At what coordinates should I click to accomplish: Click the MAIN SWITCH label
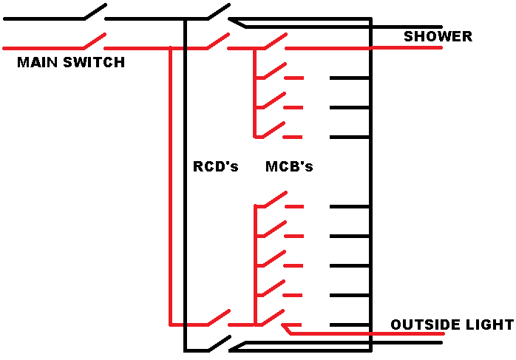(71, 63)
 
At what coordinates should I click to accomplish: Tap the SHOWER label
(438, 36)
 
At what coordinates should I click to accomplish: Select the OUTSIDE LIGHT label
(452, 325)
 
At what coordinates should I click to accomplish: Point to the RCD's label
(216, 166)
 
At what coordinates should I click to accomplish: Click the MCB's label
(289, 166)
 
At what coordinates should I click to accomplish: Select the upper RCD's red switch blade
(217, 41)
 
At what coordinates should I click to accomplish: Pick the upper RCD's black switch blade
(217, 12)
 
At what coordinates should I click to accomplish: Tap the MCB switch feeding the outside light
(274, 318)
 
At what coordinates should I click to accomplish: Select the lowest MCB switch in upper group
(274, 129)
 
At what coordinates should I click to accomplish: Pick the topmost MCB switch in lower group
(274, 200)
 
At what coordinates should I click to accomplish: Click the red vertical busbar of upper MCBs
(255, 92)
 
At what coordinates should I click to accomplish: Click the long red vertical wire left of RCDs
(171, 185)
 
